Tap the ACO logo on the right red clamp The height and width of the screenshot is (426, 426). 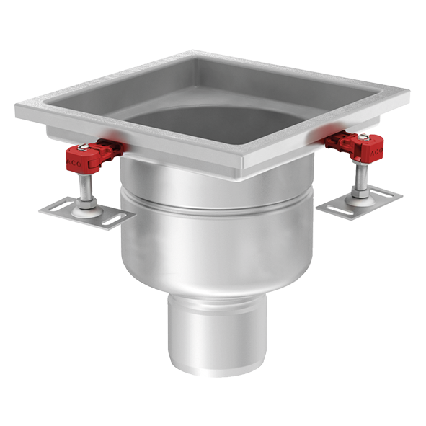376,153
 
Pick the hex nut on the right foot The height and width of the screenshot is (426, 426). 358,195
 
